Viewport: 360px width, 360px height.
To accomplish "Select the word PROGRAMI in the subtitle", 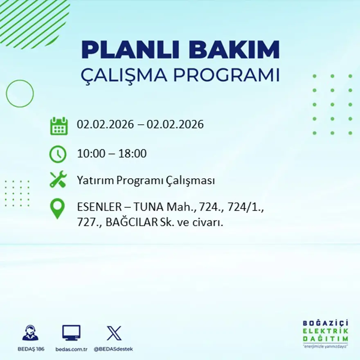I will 227,75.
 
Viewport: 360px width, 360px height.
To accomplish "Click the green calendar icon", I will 59,126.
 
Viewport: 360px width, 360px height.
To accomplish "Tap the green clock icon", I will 58,154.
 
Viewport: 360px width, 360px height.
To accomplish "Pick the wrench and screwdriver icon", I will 58,180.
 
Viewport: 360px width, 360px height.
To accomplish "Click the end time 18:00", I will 133,154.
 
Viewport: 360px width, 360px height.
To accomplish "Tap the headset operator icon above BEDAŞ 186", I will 30,333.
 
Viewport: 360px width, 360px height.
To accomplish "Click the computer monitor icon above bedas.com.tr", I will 71,333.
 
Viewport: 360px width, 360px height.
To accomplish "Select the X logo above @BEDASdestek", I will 113,333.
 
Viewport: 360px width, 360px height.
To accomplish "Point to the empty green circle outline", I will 20,94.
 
